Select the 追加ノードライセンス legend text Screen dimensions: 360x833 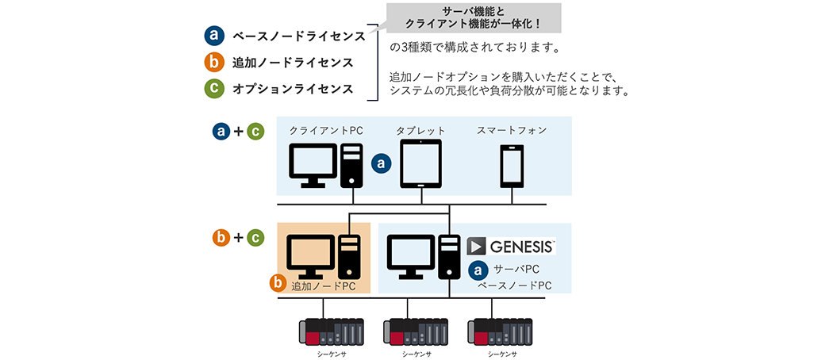292,63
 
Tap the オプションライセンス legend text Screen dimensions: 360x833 292,89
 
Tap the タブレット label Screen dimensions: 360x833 420,130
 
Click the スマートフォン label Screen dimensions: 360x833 512,130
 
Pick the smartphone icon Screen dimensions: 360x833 511,165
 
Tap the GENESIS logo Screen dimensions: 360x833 511,246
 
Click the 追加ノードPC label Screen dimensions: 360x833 324,285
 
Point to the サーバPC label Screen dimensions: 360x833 516,270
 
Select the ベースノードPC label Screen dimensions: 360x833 514,285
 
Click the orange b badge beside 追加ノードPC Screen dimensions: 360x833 278,281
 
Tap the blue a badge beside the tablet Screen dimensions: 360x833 382,163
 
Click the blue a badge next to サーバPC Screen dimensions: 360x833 478,270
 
